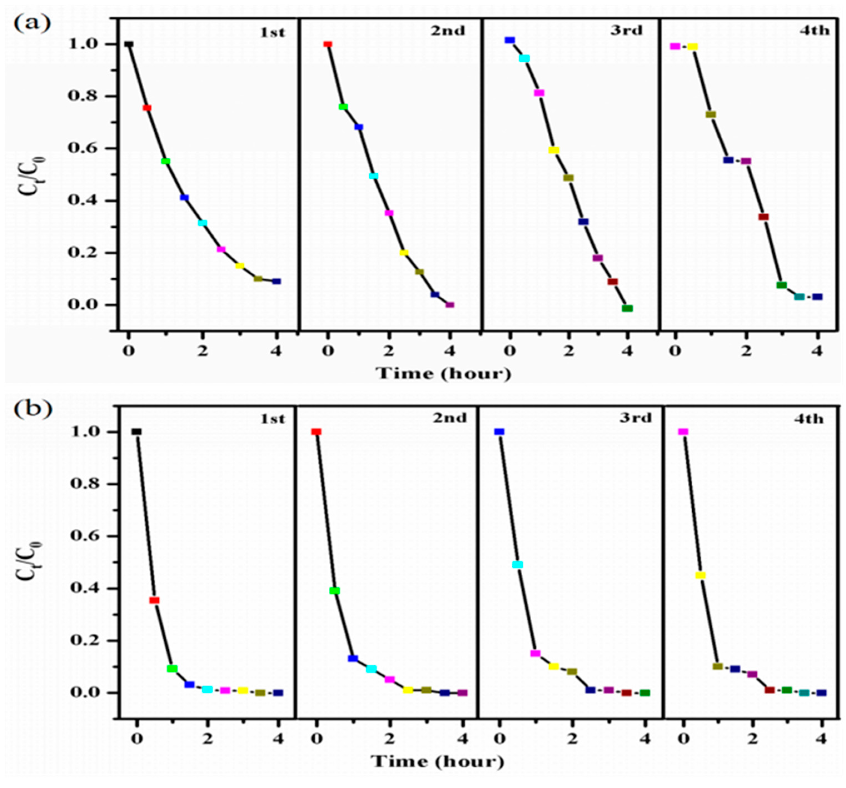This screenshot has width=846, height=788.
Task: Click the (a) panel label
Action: (32, 22)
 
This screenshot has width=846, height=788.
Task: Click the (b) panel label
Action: (33, 409)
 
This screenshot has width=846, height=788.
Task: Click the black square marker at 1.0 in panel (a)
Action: (129, 44)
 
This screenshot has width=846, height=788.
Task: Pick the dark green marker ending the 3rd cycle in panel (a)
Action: (627, 308)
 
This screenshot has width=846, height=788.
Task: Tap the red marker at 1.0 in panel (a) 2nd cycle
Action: (328, 44)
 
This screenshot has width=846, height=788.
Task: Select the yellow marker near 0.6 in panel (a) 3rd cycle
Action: (554, 150)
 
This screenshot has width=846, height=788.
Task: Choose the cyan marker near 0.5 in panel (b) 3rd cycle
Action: (518, 565)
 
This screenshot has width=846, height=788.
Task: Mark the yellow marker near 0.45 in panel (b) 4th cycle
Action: (700, 575)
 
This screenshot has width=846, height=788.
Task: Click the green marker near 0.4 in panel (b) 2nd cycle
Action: (335, 591)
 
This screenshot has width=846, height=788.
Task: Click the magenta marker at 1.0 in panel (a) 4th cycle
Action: (675, 46)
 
